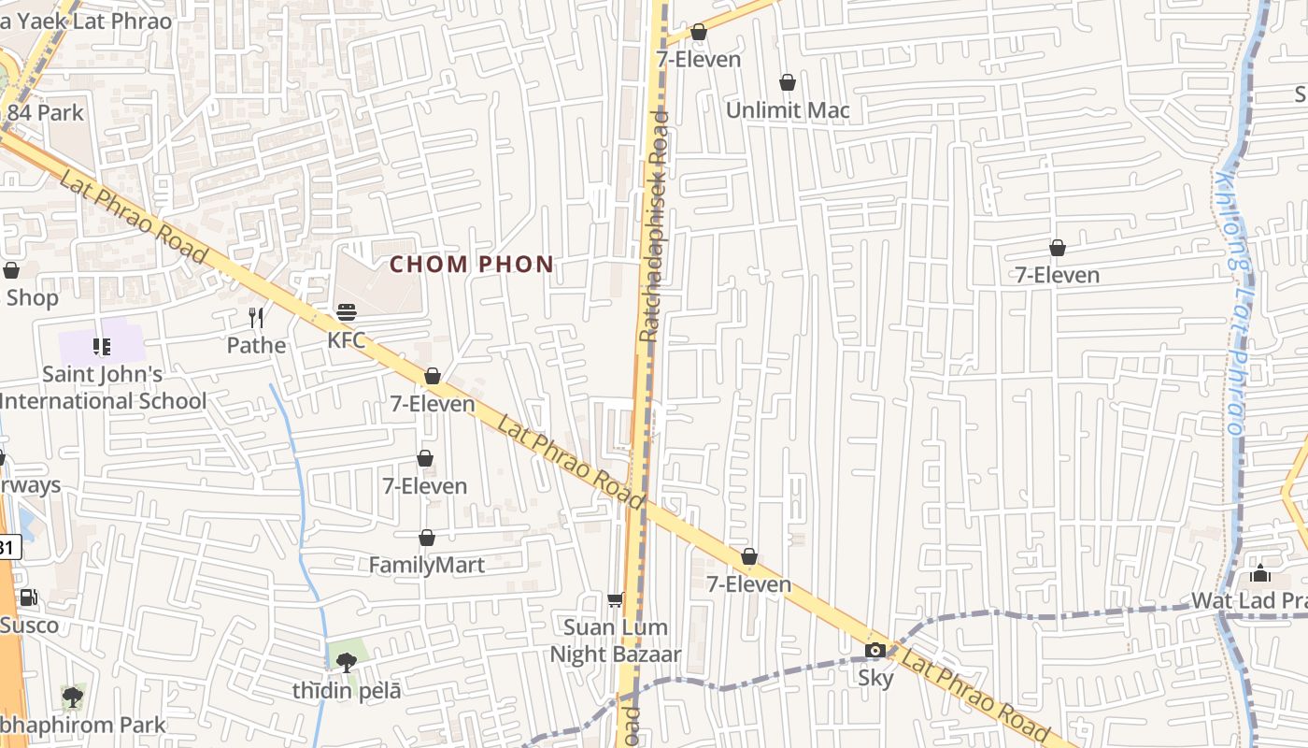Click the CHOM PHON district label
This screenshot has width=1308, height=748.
pyautogui.click(x=472, y=265)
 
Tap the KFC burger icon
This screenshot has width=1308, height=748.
pyautogui.click(x=347, y=312)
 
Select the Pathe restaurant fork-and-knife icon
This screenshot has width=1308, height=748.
pyautogui.click(x=257, y=318)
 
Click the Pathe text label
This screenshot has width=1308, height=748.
pyautogui.click(x=257, y=345)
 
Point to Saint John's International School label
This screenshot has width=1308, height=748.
pyautogui.click(x=103, y=388)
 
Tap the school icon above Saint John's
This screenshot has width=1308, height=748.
pyautogui.click(x=102, y=348)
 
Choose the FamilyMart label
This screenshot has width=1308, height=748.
pyautogui.click(x=427, y=565)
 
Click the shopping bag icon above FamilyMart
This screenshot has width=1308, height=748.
pyautogui.click(x=427, y=538)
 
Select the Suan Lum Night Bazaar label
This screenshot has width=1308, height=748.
pyautogui.click(x=615, y=640)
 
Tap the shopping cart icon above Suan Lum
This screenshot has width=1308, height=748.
pyautogui.click(x=615, y=599)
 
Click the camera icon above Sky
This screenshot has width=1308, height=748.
pyautogui.click(x=875, y=651)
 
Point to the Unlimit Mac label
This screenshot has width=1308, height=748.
pyautogui.click(x=788, y=110)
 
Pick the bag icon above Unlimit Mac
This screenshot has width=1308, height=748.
pyautogui.click(x=788, y=82)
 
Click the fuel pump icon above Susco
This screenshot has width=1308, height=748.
pyautogui.click(x=29, y=597)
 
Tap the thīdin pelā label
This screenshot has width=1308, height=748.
pyautogui.click(x=347, y=691)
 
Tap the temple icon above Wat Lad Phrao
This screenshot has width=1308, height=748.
pyautogui.click(x=1260, y=573)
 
